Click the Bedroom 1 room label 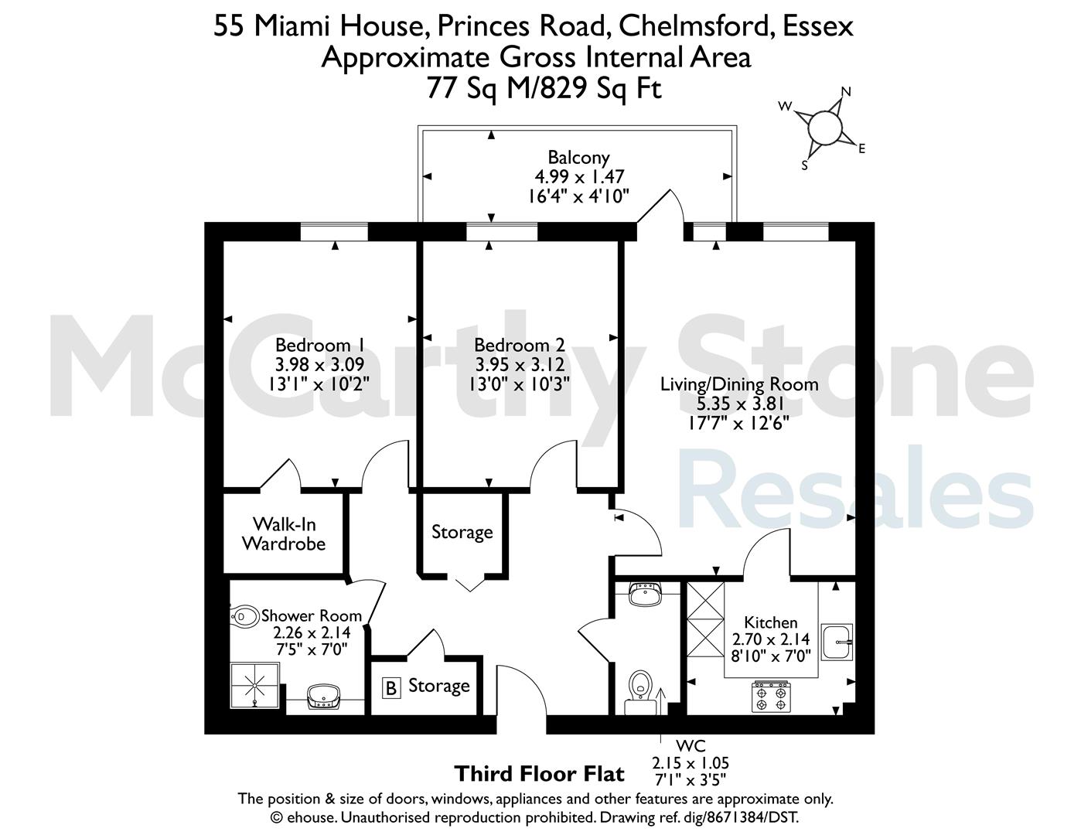[320, 345]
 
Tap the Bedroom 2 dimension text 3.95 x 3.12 [520, 364]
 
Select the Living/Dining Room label [739, 384]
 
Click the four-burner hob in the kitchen [771, 697]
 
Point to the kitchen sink [837, 642]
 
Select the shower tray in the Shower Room [254, 685]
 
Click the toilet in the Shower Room [245, 616]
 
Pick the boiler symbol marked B [391, 688]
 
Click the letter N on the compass [846, 91]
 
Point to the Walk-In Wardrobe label [284, 533]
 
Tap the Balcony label [578, 157]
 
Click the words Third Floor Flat [539, 774]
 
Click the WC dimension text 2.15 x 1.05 [691, 762]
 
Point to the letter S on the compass [804, 165]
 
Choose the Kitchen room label [771, 622]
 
